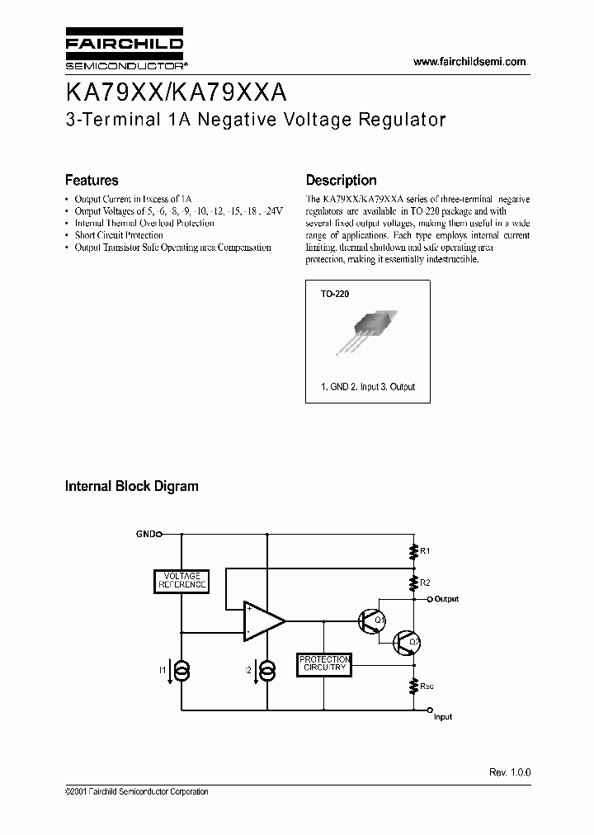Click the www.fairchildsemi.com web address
point(469,62)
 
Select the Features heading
point(92,180)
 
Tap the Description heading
point(341,180)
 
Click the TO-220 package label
point(334,293)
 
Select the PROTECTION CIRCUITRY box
point(324,663)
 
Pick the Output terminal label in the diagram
point(446,599)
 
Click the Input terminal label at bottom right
point(443,717)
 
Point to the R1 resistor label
point(426,550)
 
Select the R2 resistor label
point(426,583)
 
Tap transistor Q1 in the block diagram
point(369,621)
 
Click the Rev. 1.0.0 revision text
point(510,772)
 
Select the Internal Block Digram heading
point(132,486)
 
